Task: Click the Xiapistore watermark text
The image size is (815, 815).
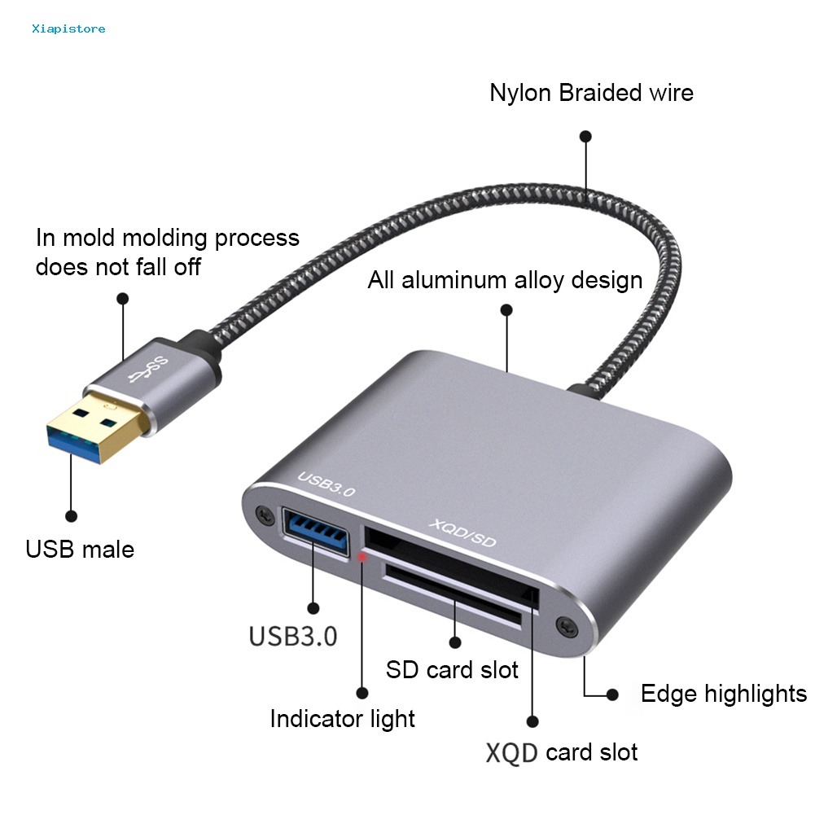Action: (x=68, y=29)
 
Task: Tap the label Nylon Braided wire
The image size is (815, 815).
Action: (x=591, y=93)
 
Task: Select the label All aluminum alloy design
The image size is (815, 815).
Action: (x=505, y=280)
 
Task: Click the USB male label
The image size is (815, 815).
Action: (x=80, y=549)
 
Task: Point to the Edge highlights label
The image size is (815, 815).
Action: (x=723, y=694)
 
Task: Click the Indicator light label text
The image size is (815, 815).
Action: (x=342, y=719)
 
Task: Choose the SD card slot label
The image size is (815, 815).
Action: (x=452, y=669)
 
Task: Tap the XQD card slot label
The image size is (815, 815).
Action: (x=562, y=752)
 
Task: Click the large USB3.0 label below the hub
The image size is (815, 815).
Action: (x=293, y=635)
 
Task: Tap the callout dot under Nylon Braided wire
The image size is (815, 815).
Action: (x=585, y=137)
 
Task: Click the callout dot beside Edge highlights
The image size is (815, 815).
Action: (x=611, y=695)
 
